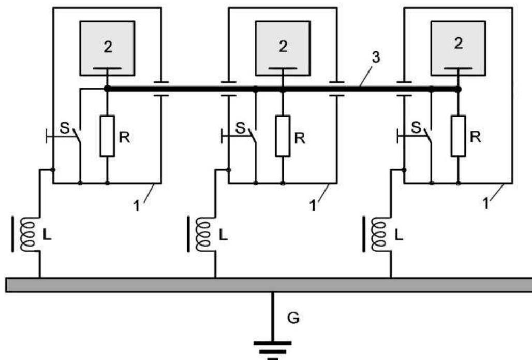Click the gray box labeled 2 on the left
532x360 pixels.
tap(107, 47)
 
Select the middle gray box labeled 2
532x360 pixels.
tap(283, 47)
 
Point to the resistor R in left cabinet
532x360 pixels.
tap(107, 136)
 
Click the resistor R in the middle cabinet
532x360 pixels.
tap(283, 136)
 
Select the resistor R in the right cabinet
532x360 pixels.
tap(458, 136)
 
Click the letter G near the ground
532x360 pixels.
tap(293, 318)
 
